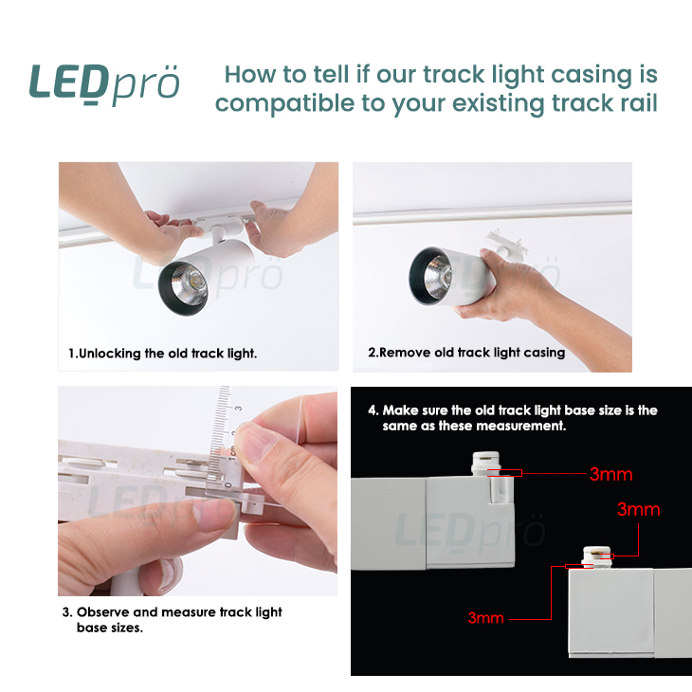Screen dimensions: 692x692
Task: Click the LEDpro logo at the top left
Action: coord(104,84)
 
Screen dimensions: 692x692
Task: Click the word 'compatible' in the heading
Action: coord(284,104)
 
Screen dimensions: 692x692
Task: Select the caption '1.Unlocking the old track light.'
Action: coord(162,354)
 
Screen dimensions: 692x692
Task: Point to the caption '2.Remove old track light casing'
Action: coord(466,353)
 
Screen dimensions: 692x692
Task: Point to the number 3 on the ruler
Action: coord(238,408)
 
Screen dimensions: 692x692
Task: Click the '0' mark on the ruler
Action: coord(228,485)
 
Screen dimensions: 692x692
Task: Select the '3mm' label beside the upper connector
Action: coord(611,474)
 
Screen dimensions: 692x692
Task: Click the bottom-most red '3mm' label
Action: coord(486,618)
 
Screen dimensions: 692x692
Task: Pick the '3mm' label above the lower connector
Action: coord(638,509)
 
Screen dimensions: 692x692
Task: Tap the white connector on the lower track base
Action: coord(596,557)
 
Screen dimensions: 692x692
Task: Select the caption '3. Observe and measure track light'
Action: coord(173,612)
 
